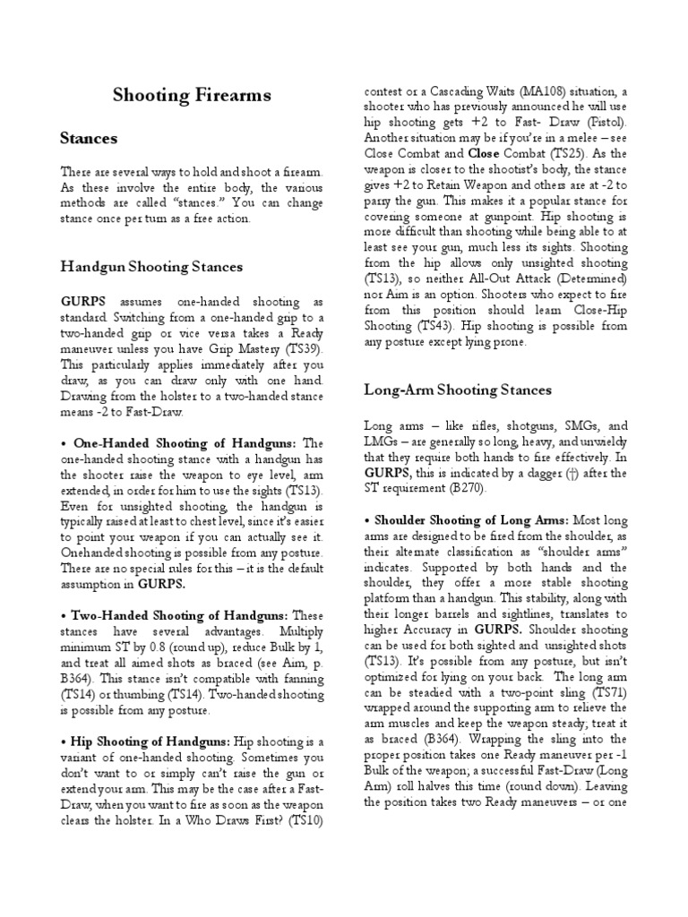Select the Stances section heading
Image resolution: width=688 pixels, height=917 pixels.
coord(89,140)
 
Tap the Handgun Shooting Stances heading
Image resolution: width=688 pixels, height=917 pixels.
coord(151,267)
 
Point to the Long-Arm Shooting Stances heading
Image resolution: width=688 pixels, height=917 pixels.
coord(458,390)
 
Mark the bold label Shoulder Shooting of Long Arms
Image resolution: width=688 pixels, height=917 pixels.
coord(466,519)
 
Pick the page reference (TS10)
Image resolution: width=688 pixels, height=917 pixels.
coord(302,818)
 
